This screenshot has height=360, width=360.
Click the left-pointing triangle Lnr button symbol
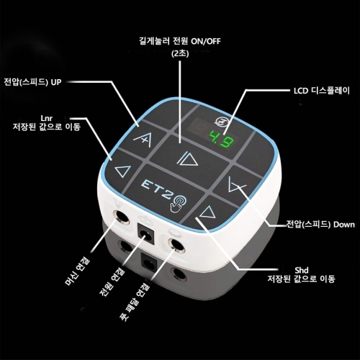point(122,172)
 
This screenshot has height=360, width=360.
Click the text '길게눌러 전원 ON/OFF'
point(180,40)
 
